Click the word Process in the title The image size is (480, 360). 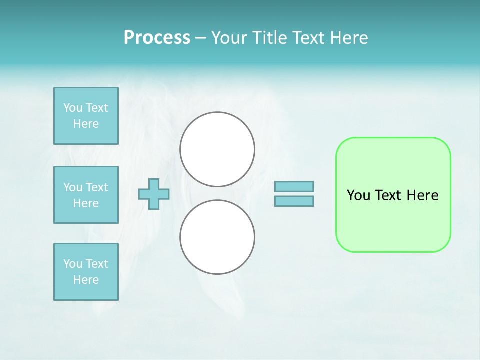(157, 38)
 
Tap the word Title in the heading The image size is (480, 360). (268, 38)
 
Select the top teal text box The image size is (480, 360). (86, 116)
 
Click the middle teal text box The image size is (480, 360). (86, 195)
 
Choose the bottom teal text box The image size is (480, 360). (86, 272)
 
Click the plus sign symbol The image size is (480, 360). (154, 194)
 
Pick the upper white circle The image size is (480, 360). (217, 149)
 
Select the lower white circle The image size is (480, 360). (217, 237)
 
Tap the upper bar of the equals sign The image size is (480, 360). (294, 187)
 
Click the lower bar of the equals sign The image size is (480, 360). (294, 201)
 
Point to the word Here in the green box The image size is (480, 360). (422, 195)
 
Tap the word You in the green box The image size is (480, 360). (359, 195)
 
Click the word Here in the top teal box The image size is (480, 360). (86, 124)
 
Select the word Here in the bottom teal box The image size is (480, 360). (86, 280)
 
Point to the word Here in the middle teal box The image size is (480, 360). (86, 203)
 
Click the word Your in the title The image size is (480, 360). (229, 38)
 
